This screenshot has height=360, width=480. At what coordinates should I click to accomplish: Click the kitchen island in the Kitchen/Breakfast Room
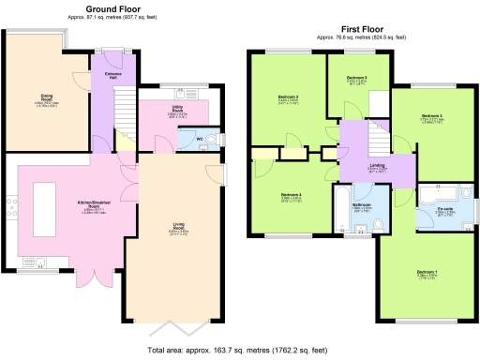(42, 205)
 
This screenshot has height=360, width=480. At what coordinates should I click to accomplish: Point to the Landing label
(376, 166)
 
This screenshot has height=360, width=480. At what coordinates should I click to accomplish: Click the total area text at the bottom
(238, 351)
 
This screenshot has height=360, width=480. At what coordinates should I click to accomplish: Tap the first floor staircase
(377, 142)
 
